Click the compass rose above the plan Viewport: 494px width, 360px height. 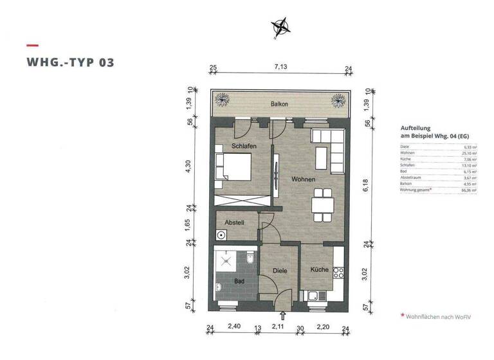pos(281,26)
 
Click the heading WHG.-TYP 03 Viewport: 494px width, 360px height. pos(71,62)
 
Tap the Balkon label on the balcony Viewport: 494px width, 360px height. pos(279,104)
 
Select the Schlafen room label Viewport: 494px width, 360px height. pos(244,147)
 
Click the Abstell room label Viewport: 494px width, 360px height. pos(234,222)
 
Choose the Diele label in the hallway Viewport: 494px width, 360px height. pos(280,271)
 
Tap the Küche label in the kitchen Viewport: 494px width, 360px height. pos(320,270)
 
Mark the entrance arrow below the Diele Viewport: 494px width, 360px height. pos(284,316)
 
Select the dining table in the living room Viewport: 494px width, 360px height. pos(322,205)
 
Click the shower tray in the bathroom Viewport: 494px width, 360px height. pos(227,260)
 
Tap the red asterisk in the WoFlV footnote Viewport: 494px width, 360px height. pos(403,316)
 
